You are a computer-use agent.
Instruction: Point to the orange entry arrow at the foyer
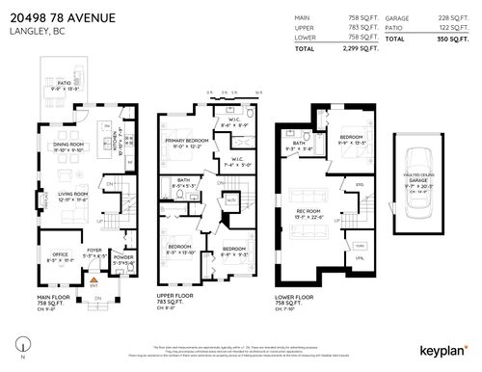point(94,278)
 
